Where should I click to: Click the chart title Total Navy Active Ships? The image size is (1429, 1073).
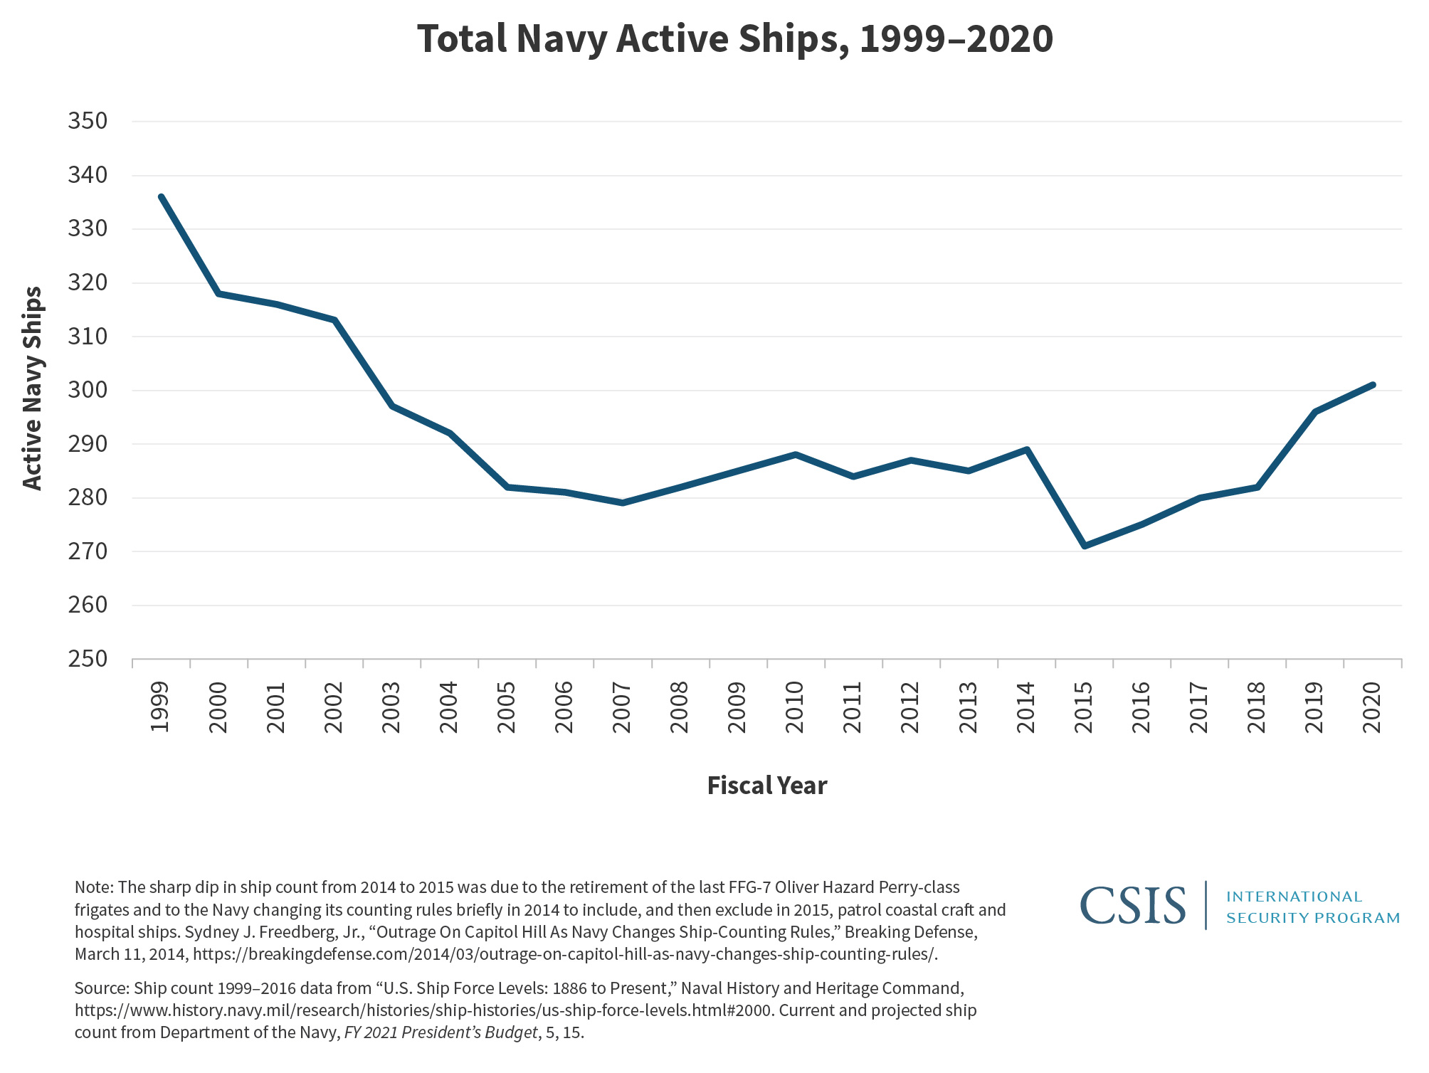(734, 39)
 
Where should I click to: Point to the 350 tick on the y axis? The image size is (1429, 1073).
(88, 121)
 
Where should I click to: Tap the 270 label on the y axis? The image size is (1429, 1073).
(88, 551)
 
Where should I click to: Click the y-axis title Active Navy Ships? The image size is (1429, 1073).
(33, 388)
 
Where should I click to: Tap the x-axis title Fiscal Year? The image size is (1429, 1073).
(766, 786)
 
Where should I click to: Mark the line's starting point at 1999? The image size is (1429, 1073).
(162, 197)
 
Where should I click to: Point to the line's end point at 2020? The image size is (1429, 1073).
(1373, 385)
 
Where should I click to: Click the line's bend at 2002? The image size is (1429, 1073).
(334, 320)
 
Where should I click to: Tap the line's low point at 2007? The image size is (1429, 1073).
(623, 503)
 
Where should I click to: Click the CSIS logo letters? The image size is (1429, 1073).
(1133, 906)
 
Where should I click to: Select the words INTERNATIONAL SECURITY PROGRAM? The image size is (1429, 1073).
(1312, 907)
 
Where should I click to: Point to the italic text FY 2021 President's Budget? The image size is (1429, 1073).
(441, 1032)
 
